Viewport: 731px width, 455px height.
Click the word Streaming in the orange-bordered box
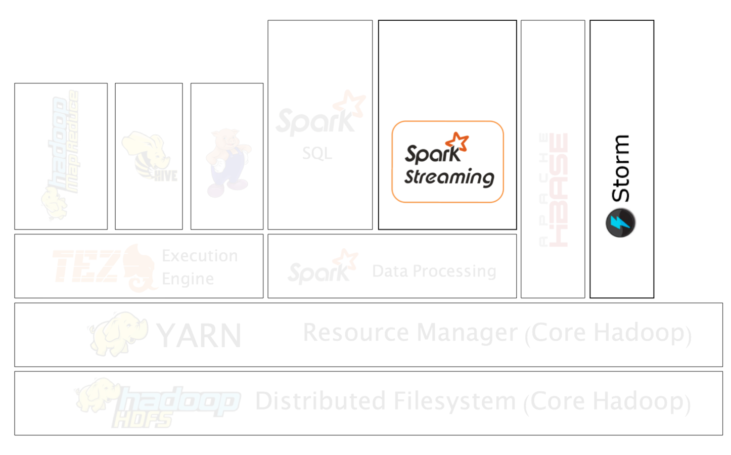pyautogui.click(x=449, y=177)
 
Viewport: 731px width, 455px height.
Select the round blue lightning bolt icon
pyautogui.click(x=620, y=222)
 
